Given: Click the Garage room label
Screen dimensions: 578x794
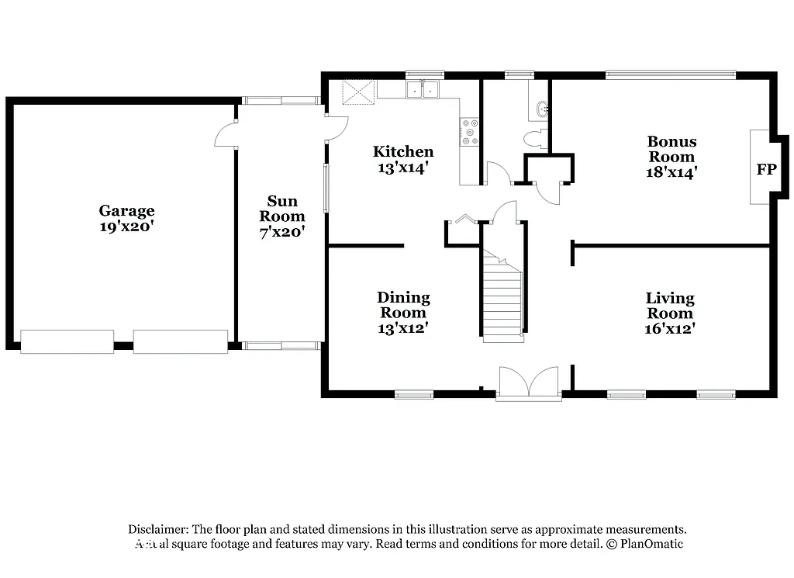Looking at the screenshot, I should tap(126, 210).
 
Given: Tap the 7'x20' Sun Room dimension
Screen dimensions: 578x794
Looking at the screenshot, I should tap(281, 231).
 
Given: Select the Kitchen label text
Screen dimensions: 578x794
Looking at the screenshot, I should tap(402, 151).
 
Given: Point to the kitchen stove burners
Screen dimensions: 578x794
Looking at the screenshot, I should tap(469, 132).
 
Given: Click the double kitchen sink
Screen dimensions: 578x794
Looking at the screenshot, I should tap(423, 90).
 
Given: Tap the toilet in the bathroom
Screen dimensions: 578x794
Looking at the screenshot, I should tap(535, 139).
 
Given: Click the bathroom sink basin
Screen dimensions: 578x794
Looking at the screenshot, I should tap(541, 110).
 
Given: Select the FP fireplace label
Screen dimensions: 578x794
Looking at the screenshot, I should tap(765, 169).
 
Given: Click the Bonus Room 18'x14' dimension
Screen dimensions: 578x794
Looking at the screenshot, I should tap(671, 172).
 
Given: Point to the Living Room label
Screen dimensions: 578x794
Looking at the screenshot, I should tap(670, 306).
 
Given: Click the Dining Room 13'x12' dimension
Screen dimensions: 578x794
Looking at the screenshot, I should tap(403, 328).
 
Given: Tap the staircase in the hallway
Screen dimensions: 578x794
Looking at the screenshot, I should tap(502, 299).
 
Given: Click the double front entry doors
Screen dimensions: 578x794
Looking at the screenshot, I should tap(529, 383).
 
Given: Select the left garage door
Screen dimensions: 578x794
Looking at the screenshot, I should tap(67, 341).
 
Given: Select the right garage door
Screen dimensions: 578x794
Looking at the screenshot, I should tap(180, 341).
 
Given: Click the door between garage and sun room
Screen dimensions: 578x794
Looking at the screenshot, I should tap(226, 133).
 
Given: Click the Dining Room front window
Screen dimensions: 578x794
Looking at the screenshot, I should tap(414, 394).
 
